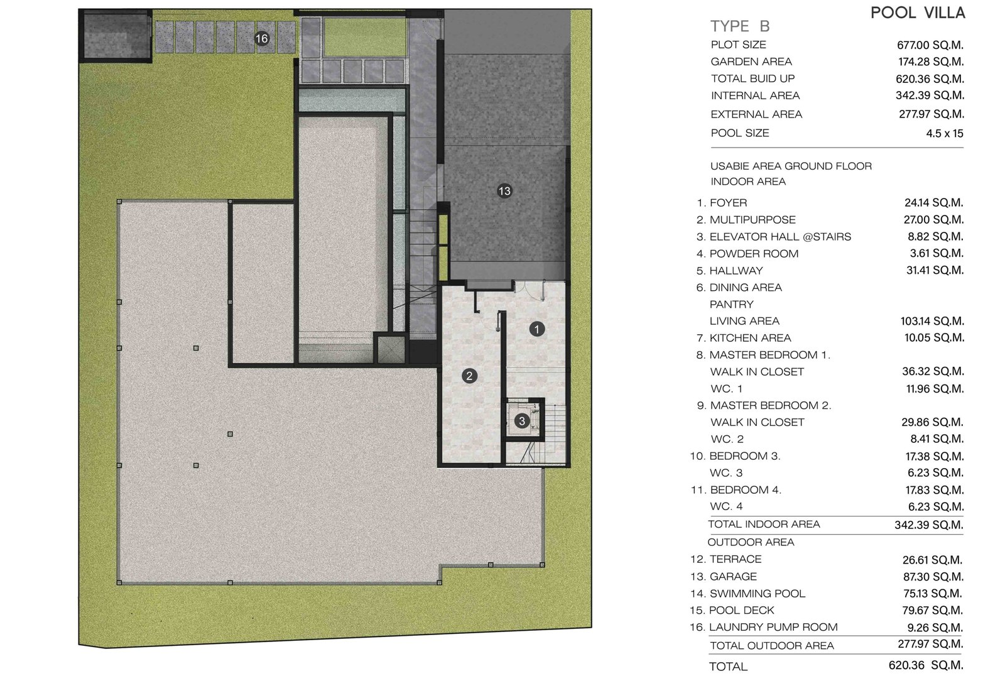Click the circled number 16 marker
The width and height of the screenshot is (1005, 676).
(261, 38)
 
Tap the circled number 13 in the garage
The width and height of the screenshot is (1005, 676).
(504, 191)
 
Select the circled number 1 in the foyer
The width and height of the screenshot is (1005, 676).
(537, 329)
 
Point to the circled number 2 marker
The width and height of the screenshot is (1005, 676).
(469, 376)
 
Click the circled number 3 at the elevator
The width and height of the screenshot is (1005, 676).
(522, 421)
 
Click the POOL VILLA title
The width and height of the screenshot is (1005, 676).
(918, 13)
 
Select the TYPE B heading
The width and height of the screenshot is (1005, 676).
(740, 26)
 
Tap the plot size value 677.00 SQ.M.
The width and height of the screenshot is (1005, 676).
(930, 45)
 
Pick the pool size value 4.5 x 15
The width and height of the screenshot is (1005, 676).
(945, 133)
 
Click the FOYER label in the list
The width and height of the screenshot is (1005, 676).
(728, 203)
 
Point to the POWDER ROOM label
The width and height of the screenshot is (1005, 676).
(754, 254)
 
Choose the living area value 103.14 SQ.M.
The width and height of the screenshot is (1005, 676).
(932, 322)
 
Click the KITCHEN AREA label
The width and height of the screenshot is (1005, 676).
(750, 338)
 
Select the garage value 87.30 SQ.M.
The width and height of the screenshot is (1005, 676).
(932, 577)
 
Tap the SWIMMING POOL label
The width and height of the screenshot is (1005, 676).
(758, 594)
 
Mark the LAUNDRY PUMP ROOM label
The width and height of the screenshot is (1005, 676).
(773, 628)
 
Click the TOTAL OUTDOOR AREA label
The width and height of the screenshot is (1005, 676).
(772, 646)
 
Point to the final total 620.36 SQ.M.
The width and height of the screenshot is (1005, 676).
(926, 665)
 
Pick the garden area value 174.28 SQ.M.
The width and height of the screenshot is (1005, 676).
(931, 62)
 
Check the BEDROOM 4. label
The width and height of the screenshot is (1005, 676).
(746, 490)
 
